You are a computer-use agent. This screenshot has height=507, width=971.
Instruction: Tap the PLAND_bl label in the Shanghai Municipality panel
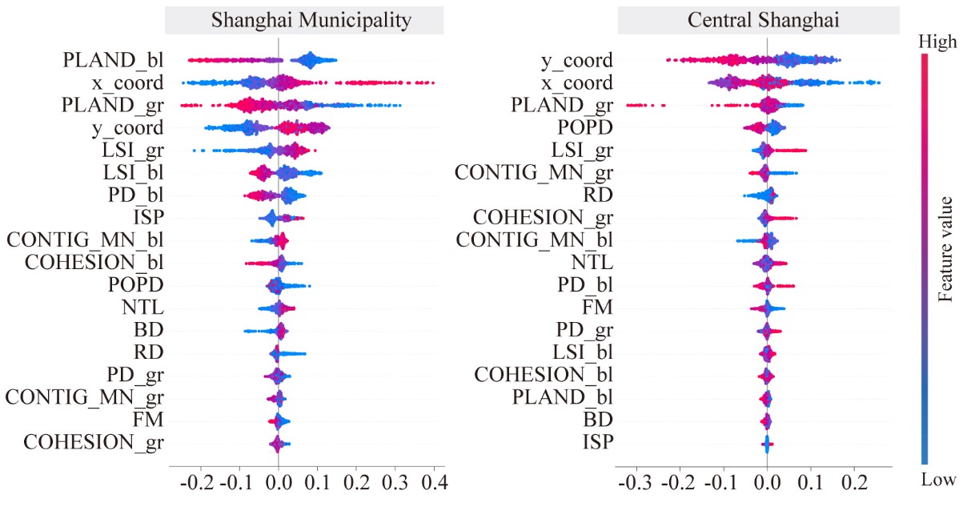[x=114, y=60]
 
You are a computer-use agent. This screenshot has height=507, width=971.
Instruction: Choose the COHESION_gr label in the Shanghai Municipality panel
[x=94, y=441]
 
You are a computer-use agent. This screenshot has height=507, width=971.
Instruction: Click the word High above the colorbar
[x=938, y=42]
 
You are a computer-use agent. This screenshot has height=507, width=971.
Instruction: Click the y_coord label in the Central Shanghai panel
[x=576, y=60]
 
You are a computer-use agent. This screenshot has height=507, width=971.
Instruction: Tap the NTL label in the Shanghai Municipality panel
[x=145, y=307]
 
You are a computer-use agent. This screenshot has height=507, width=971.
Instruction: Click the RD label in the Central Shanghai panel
[x=597, y=195]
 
